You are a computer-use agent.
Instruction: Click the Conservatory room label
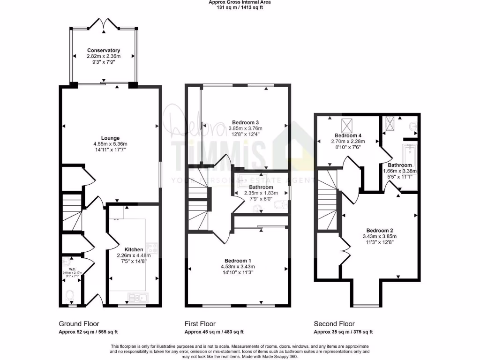[103, 50]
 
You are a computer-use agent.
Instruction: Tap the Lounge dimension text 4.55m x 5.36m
[112, 144]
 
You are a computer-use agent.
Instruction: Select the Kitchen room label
[134, 249]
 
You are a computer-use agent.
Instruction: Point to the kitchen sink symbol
[137, 297]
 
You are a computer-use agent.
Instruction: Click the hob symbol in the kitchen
[152, 247]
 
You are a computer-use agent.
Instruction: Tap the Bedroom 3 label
[245, 122]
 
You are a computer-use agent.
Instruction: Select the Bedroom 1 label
[238, 261]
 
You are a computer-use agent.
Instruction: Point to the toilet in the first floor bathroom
[280, 204]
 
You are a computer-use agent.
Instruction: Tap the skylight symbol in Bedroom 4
[348, 125]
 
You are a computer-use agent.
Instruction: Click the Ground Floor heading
[79, 324]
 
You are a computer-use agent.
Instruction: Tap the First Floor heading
[200, 324]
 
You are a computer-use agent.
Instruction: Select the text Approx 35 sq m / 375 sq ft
[343, 332]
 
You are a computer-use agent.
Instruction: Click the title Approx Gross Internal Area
[240, 2]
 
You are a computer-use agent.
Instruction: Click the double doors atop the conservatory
[103, 23]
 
